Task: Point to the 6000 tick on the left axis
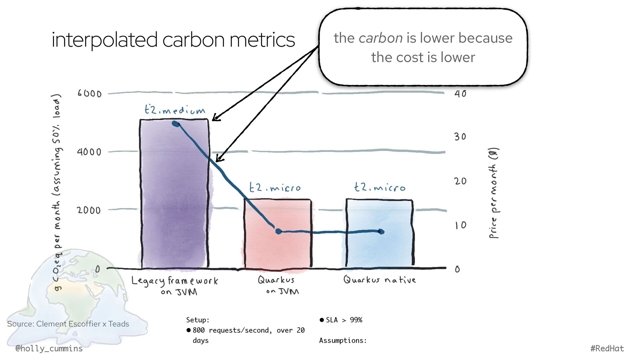(89, 93)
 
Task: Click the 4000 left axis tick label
(89, 152)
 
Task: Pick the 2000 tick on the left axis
(89, 210)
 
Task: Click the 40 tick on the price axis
(460, 94)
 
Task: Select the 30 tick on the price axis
(460, 137)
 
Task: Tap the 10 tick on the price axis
(461, 226)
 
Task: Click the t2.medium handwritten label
(175, 110)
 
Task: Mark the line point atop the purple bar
(176, 124)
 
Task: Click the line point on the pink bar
(279, 231)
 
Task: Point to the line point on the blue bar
(381, 232)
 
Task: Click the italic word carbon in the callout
(380, 38)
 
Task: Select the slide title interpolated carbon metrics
(173, 40)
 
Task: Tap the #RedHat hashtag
(607, 349)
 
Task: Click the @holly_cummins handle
(49, 349)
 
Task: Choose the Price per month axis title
(494, 193)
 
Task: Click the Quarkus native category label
(379, 280)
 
